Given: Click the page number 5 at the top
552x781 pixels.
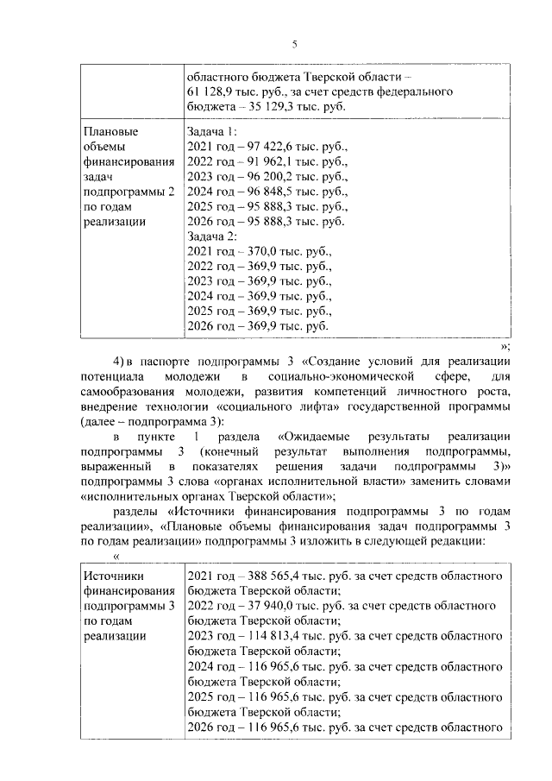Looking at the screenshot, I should (293, 45).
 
